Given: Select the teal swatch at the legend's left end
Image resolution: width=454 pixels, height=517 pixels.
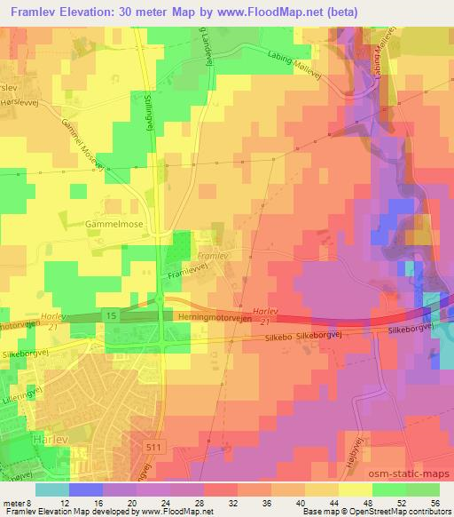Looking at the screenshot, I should pyautogui.click(x=52, y=489).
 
